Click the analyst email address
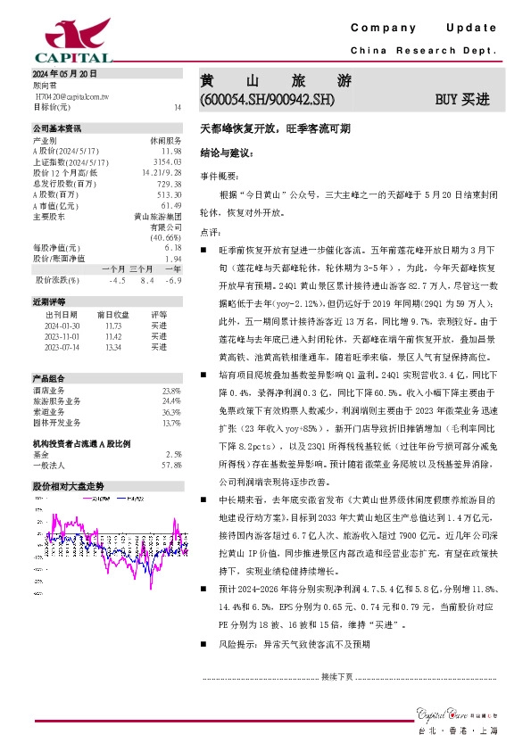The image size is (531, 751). click(x=71, y=95)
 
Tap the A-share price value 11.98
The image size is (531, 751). click(x=172, y=151)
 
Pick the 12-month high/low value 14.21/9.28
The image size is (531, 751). click(x=162, y=172)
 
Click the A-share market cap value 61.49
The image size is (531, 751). click(x=171, y=204)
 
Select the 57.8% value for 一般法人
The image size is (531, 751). click(x=171, y=466)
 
